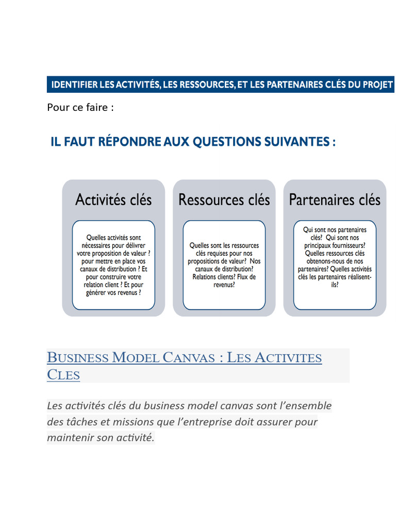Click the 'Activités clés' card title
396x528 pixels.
click(113, 200)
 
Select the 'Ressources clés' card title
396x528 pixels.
click(224, 200)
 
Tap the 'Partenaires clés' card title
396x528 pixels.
click(335, 200)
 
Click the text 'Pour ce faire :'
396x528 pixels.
click(80, 108)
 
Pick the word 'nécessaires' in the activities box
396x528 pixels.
click(96, 245)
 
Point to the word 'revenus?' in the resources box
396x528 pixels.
click(224, 284)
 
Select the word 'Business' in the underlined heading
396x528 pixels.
click(77, 357)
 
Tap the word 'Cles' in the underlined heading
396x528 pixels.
click(63, 375)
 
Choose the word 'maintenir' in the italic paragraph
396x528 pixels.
click(70, 438)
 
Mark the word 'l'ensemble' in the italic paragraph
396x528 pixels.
click(304, 405)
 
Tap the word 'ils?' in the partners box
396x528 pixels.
click(335, 284)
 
